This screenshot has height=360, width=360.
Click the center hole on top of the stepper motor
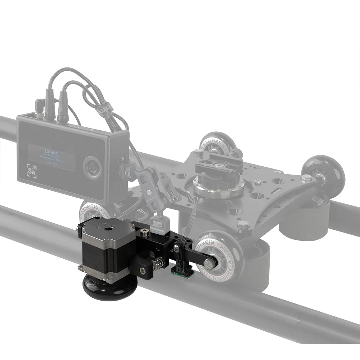(x=107, y=228)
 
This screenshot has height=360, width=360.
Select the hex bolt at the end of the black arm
(x=208, y=264)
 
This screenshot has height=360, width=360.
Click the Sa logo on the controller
(x=32, y=171)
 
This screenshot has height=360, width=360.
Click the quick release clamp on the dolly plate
(x=216, y=169)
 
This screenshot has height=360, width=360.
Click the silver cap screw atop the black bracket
(x=145, y=232)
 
